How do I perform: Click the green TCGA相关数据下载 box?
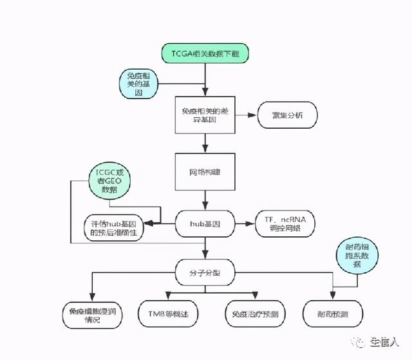(x=205, y=53)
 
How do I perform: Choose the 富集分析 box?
(x=287, y=116)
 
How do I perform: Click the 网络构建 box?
(x=205, y=173)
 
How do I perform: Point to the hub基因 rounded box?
(x=205, y=223)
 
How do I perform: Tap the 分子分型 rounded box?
(x=205, y=272)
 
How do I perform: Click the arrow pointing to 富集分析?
(x=245, y=115)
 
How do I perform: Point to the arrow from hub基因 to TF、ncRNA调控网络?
(x=245, y=223)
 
